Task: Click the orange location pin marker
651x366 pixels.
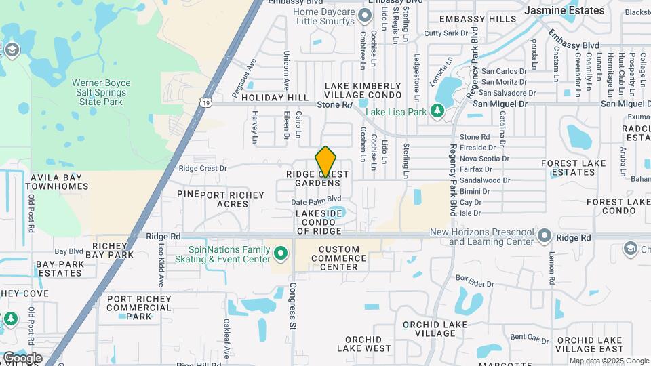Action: [326, 162]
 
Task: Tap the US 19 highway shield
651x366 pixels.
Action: [204, 102]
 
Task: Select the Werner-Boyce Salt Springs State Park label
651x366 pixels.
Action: [101, 92]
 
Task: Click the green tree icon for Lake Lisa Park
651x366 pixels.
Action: [437, 110]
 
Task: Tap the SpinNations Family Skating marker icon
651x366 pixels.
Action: [282, 254]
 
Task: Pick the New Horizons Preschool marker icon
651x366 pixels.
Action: [545, 235]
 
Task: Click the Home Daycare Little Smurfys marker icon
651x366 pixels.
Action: [366, 15]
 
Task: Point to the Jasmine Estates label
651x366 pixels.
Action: [564, 10]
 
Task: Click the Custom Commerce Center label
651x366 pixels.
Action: [338, 258]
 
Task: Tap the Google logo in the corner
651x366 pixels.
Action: [22, 357]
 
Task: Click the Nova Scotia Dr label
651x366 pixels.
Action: [484, 158]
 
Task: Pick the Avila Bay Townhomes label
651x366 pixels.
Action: [59, 182]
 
